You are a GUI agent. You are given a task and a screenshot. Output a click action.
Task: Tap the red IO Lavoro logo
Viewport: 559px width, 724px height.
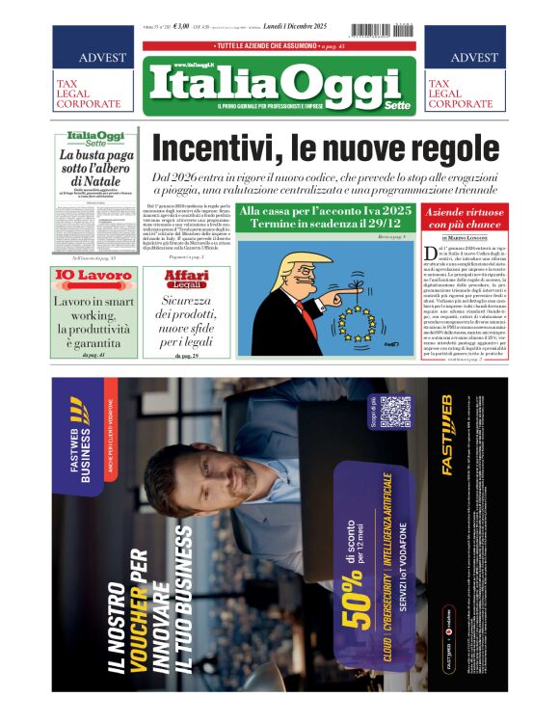(93, 277)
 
